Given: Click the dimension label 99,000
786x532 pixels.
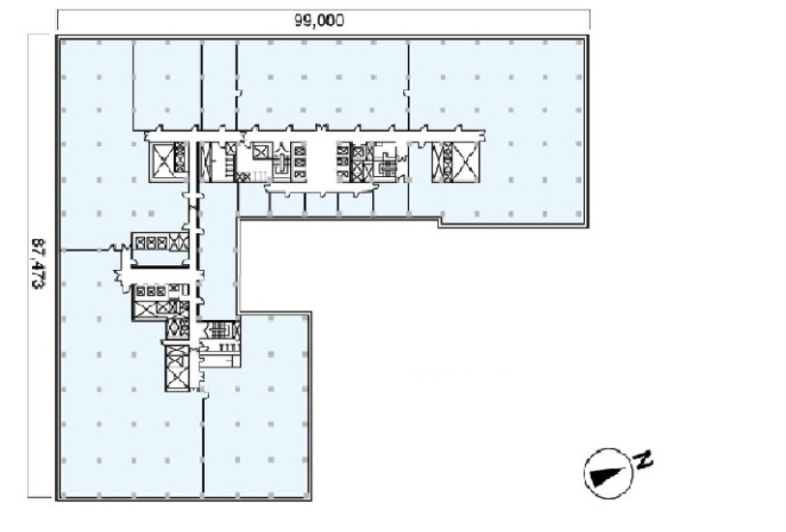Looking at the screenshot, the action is pyautogui.click(x=319, y=20).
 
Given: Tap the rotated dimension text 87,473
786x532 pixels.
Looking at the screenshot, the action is pyautogui.click(x=37, y=263).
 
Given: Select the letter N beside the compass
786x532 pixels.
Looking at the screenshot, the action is pyautogui.click(x=644, y=459).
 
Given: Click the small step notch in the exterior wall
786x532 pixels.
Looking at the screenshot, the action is pyautogui.click(x=440, y=222).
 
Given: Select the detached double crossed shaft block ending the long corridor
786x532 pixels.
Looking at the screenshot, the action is pyautogui.click(x=455, y=162).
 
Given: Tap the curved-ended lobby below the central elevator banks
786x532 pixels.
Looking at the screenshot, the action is pyautogui.click(x=320, y=189).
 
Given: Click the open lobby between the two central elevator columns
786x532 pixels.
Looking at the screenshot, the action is pyautogui.click(x=321, y=162).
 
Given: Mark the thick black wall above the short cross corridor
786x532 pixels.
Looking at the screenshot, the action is pyautogui.click(x=160, y=266).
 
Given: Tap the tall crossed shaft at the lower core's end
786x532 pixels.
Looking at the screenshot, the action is pyautogui.click(x=176, y=368).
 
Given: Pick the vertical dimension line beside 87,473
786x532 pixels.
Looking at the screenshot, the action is pyautogui.click(x=28, y=266).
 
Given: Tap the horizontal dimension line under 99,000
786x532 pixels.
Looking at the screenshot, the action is pyautogui.click(x=323, y=10).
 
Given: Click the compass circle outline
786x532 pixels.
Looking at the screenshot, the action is pyautogui.click(x=608, y=450).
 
